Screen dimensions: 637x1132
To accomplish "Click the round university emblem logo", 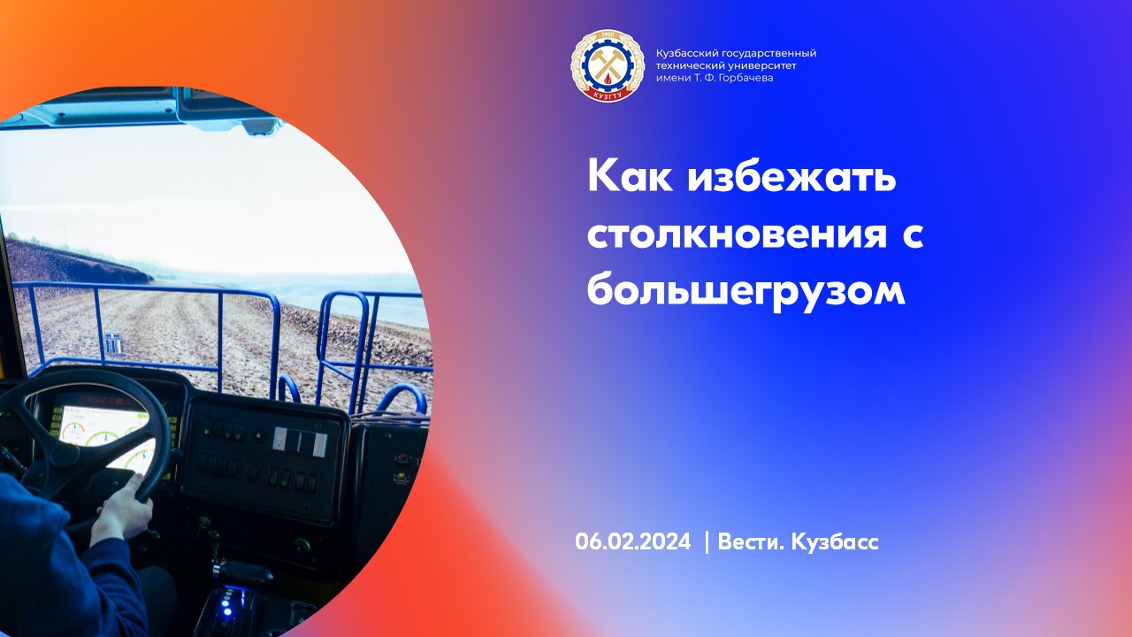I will [606, 65].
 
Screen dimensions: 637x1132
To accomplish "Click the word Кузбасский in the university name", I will [684, 54].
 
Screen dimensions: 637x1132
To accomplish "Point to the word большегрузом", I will [746, 289].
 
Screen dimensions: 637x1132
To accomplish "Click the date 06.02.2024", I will [631, 542].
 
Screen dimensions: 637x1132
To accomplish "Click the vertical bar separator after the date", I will [706, 542].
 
